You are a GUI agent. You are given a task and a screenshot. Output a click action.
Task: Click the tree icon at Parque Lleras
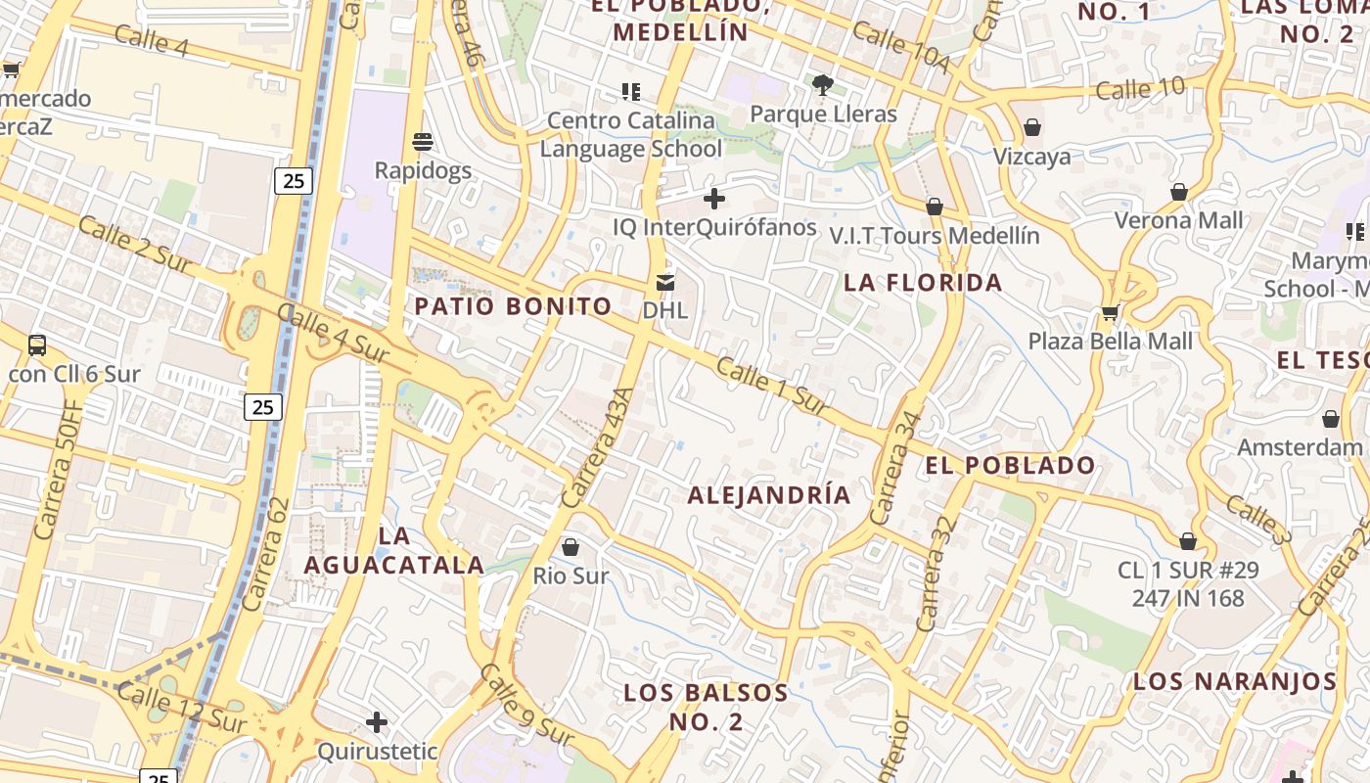822,85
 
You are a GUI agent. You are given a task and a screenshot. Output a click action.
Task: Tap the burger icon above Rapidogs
423,142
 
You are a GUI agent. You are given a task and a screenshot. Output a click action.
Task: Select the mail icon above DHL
665,283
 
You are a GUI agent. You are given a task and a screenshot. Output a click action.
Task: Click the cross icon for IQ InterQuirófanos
714,199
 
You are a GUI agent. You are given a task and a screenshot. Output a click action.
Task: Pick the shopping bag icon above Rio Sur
571,547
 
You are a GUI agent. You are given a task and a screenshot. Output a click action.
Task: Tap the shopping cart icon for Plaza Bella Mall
1110,313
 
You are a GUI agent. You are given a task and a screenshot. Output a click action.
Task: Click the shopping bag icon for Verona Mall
1179,192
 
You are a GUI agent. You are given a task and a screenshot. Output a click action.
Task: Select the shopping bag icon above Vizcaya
1031,128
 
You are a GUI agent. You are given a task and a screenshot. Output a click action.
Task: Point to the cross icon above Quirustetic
377,723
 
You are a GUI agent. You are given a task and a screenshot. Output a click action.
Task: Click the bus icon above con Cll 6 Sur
37,345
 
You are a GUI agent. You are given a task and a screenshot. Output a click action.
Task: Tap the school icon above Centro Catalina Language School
631,92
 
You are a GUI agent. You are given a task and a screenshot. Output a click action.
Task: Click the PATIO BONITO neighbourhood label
513,306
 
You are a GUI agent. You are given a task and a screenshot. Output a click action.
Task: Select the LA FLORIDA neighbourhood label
923,283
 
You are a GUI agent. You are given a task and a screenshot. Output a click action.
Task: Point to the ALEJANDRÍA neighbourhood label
769,495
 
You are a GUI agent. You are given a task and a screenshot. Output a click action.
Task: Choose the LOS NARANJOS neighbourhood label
1235,681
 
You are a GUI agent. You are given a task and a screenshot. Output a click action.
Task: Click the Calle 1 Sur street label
773,387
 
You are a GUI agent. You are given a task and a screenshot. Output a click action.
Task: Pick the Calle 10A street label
901,46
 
